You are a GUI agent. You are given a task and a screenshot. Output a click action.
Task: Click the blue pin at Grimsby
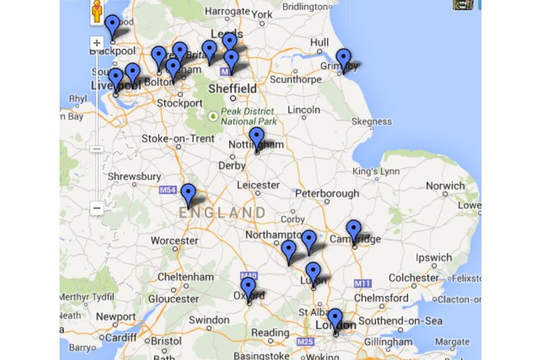pos(343,59)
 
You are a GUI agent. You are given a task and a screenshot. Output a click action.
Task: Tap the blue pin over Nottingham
pos(256,137)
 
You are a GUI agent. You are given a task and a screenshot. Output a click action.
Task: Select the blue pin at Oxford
pos(248,288)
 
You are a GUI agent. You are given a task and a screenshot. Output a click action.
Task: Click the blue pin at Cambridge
pos(353,230)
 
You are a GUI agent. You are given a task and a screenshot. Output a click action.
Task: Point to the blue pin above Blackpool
pos(112,25)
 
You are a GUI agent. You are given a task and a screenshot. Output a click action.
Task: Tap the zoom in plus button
pos(97,43)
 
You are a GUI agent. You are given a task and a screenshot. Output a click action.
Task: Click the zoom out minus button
pos(97,208)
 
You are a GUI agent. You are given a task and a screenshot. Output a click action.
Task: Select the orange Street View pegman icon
pos(97,11)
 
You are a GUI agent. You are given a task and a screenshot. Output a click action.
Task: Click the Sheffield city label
pos(232,88)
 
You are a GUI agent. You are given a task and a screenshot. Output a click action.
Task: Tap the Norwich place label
pos(445,186)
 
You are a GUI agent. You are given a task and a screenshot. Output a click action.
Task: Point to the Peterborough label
pos(327,193)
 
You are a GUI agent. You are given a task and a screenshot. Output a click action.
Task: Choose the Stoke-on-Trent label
pos(178,138)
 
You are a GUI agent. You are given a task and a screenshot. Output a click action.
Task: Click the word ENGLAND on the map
pos(222,213)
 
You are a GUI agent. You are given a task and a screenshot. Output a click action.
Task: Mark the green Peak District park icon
pos(213,116)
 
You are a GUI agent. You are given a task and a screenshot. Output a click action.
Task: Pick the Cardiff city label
pos(121,337)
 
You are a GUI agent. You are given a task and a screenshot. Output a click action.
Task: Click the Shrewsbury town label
pos(134,177)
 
